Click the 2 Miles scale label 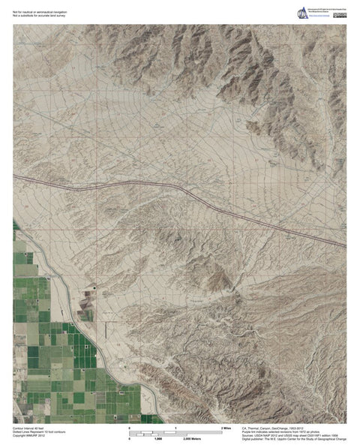click(x=224, y=428)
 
